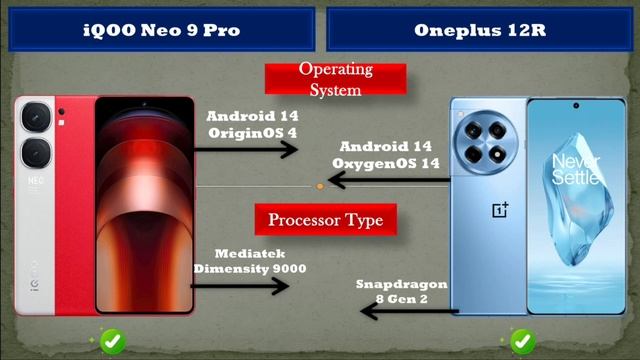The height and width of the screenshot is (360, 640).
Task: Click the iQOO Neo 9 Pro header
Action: pos(160,30)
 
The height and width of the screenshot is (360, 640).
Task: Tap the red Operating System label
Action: pos(335,80)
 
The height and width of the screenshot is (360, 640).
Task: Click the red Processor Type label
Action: pos(326,218)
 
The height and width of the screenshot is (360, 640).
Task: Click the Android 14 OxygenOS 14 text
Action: pos(392,154)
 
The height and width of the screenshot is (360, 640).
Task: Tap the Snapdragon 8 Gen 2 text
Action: pos(401,291)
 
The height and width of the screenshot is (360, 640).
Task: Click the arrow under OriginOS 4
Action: pos(246,149)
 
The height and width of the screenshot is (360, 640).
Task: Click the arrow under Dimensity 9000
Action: pos(240,287)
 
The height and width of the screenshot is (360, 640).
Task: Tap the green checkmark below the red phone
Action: pos(112,341)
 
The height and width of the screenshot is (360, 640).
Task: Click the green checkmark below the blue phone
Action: pos(521,341)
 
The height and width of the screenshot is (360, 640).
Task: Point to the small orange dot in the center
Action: pos(319,186)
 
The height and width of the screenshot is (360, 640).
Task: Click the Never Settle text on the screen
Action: pos(577,170)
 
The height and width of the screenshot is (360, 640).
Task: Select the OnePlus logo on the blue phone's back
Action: pos(500,210)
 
